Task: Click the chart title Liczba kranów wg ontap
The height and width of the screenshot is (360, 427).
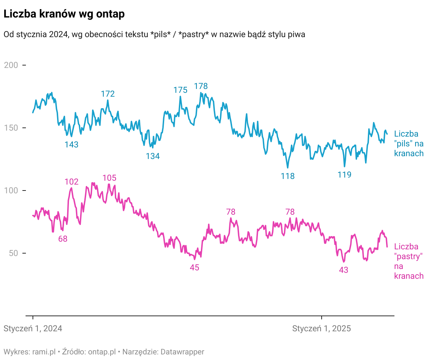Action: click(x=64, y=14)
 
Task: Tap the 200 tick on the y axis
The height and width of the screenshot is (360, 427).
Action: click(x=11, y=65)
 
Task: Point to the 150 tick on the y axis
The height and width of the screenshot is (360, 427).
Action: click(x=11, y=128)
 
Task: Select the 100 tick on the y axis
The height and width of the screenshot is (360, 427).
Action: click(x=11, y=191)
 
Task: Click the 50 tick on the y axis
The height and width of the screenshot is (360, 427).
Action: click(x=13, y=253)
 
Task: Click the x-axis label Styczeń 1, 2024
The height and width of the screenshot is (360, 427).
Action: click(x=33, y=328)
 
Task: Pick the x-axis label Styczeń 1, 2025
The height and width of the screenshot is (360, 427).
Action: click(x=321, y=328)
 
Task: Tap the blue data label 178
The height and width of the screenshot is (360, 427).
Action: click(x=201, y=86)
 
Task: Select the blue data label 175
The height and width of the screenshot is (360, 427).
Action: click(x=180, y=90)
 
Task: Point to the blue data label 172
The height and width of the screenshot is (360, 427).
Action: click(x=108, y=94)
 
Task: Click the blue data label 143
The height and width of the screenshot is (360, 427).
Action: click(x=71, y=145)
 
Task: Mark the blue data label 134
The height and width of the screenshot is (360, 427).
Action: click(x=153, y=156)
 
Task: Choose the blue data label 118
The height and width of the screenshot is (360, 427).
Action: click(x=288, y=176)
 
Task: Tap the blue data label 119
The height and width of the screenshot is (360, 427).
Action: click(x=344, y=175)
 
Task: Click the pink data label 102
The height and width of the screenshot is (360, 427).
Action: click(x=71, y=182)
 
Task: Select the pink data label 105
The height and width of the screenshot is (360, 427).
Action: click(x=109, y=178)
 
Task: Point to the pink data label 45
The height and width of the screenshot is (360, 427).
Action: click(x=194, y=268)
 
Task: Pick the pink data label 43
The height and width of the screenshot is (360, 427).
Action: click(x=344, y=270)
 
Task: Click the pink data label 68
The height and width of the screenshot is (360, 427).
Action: click(x=63, y=239)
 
